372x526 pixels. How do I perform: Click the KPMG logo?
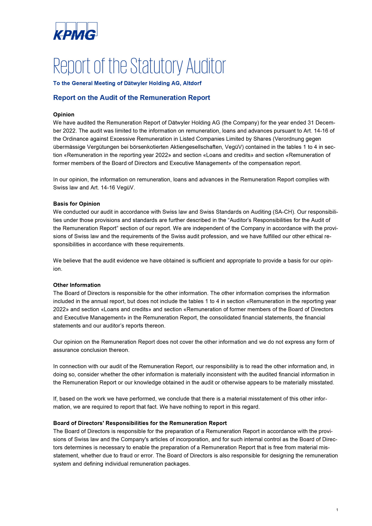[x=75, y=31]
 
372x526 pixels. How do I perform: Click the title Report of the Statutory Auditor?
[x=139, y=66]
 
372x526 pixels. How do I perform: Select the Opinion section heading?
[x=64, y=114]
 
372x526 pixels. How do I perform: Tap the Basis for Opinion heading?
[x=77, y=204]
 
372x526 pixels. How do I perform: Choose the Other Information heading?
[x=77, y=285]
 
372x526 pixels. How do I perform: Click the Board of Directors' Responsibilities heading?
[x=140, y=423]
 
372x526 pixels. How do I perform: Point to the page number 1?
[x=337, y=510]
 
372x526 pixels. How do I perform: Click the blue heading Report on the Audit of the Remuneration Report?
[x=132, y=98]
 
